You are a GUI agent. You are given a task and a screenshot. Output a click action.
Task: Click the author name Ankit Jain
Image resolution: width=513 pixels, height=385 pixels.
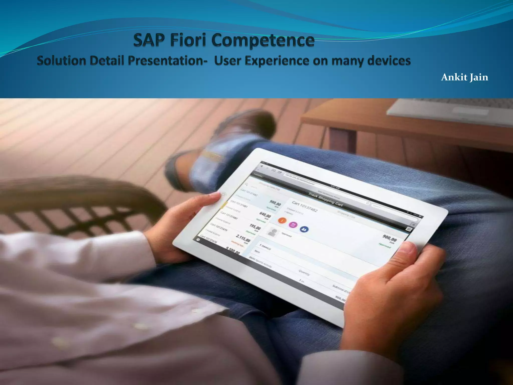tap(464, 77)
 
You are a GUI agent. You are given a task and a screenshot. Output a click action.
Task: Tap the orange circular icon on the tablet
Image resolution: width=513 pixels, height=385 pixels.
tap(282, 220)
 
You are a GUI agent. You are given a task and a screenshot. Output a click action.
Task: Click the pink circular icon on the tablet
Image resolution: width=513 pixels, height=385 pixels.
tap(293, 224)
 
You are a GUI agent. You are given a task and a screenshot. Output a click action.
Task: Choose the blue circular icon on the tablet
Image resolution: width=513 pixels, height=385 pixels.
tap(304, 229)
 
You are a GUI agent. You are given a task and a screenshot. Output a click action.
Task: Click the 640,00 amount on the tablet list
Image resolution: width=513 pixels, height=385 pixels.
tap(265, 215)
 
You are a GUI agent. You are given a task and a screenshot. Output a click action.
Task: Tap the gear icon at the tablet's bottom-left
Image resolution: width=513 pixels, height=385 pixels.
tap(198, 240)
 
